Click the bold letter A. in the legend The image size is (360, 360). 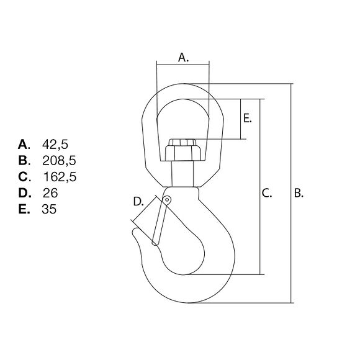(x=24, y=145)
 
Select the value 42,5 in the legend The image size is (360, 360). (x=55, y=145)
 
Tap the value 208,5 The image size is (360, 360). (x=59, y=161)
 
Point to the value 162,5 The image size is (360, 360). (x=60, y=177)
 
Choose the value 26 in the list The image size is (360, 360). (x=50, y=193)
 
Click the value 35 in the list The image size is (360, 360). (x=49, y=209)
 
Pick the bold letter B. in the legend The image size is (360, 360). (x=24, y=161)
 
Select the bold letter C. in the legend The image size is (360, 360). (x=24, y=177)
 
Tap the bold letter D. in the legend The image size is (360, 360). (x=25, y=193)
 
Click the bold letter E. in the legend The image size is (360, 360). (x=24, y=209)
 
